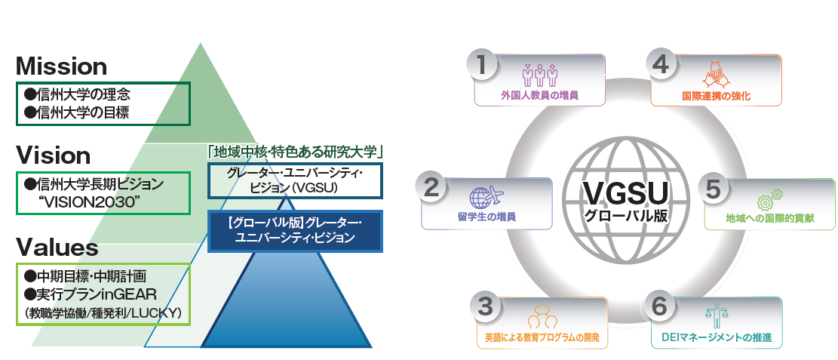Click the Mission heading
click(61, 66)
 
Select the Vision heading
click(53, 155)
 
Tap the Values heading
click(57, 248)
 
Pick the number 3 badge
click(486, 306)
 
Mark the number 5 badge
click(714, 189)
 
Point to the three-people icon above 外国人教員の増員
click(539, 75)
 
